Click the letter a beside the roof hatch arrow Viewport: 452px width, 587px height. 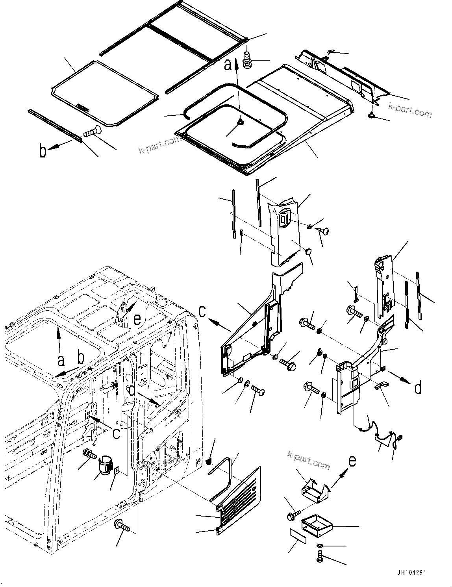coord(228,64)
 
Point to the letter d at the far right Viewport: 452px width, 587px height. coord(418,387)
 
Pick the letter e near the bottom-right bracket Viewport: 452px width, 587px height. coord(352,460)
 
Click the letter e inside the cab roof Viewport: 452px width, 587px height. coord(137,319)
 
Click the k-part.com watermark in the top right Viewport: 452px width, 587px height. coord(409,110)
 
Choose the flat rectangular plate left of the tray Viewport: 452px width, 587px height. coord(297,536)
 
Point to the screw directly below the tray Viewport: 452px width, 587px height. coord(319,556)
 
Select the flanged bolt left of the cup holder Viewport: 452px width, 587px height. coord(89,454)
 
